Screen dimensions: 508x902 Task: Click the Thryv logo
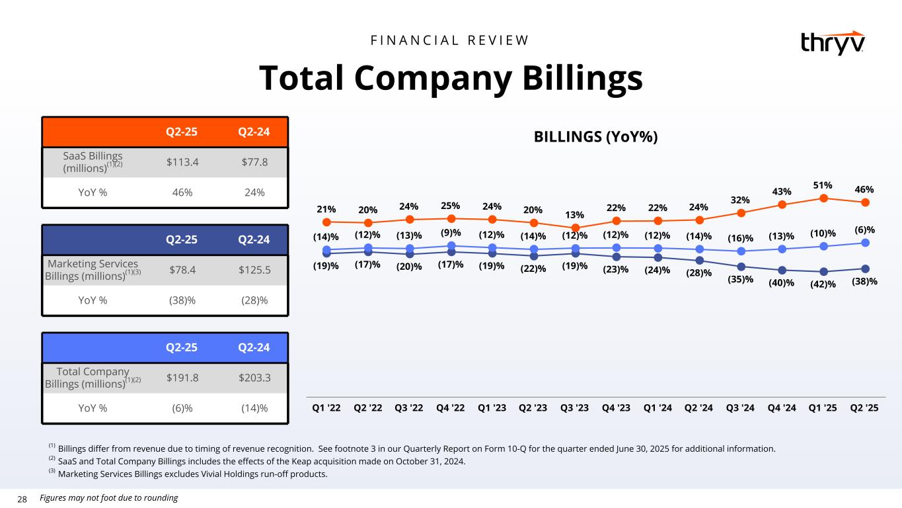pos(831,43)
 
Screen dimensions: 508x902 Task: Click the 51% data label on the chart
pos(823,186)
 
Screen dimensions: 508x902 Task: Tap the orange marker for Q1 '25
pos(824,198)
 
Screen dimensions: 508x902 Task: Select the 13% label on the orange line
pos(574,215)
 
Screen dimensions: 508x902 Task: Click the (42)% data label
pos(823,284)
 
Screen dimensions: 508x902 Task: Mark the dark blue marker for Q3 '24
pos(741,267)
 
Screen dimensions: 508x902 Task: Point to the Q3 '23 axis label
pos(574,407)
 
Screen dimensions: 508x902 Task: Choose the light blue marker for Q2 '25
pos(865,243)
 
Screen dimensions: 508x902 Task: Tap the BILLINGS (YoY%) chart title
pos(596,137)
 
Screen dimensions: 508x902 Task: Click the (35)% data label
pos(741,279)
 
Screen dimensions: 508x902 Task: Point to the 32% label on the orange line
pos(741,199)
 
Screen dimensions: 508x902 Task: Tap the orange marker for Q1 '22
pos(326,222)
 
